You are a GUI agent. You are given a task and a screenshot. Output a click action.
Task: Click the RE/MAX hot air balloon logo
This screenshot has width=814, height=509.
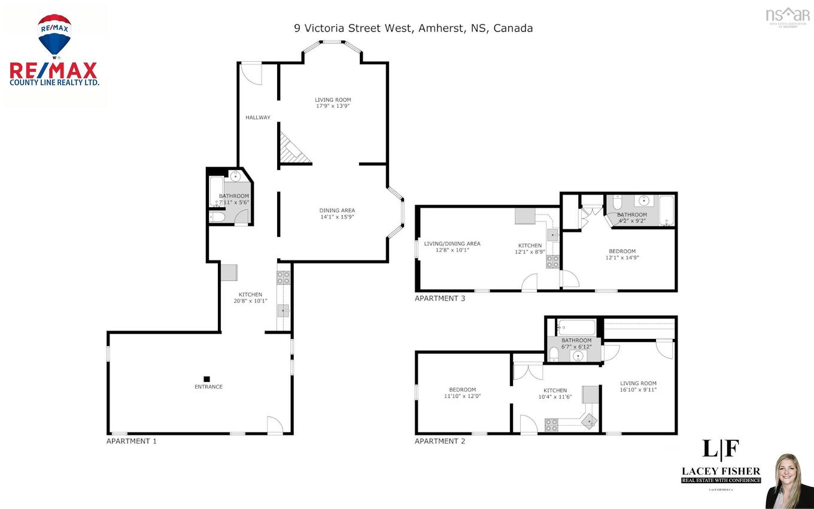(54, 36)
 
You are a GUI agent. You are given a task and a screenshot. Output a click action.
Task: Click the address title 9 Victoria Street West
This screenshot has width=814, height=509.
(413, 28)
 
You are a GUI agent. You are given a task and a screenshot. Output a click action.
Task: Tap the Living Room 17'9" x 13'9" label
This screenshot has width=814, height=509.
(333, 103)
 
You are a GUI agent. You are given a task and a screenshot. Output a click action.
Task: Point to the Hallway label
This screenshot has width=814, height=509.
(258, 117)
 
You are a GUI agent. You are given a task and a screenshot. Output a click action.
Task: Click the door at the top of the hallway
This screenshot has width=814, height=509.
(251, 73)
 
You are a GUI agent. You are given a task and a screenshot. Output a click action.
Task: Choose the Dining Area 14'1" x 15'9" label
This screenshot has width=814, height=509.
(337, 214)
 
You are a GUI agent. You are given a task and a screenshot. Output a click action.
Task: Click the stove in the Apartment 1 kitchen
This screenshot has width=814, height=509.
(284, 277)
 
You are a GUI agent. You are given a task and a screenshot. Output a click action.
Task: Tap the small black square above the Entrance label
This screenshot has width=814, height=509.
(206, 378)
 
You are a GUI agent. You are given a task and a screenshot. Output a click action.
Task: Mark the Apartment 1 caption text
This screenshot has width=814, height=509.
(131, 441)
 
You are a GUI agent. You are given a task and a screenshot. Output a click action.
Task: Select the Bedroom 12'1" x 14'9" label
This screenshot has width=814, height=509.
(622, 255)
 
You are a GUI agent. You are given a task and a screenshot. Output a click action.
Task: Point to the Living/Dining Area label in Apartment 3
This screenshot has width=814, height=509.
(452, 247)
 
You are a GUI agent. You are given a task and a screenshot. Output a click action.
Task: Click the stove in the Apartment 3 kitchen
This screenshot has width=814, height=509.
(552, 262)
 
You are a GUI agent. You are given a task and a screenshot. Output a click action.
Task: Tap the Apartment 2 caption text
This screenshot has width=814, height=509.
(440, 441)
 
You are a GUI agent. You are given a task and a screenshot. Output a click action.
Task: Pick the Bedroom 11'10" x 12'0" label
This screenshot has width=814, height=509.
(462, 393)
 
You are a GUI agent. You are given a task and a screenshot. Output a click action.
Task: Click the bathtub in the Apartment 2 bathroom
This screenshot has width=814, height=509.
(576, 328)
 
